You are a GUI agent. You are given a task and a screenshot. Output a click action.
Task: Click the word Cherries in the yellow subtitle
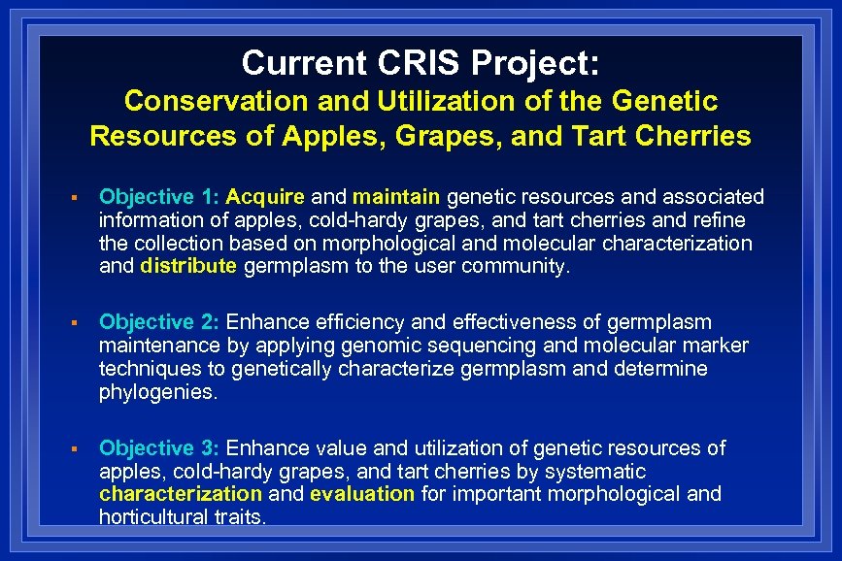click(693, 136)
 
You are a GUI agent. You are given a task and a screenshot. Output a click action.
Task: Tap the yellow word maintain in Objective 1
click(398, 198)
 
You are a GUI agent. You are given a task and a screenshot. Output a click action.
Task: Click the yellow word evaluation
click(361, 494)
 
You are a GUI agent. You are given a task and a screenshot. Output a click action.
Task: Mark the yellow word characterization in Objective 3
click(181, 494)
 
